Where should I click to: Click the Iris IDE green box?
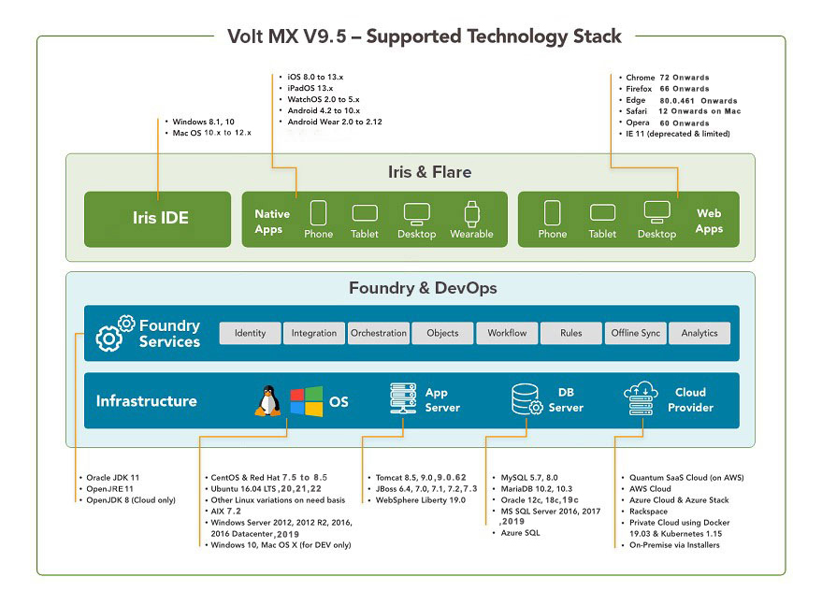coord(157,219)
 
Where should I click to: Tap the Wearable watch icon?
coord(470,212)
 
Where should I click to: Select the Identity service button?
coord(250,333)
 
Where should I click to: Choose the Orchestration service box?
coord(379,333)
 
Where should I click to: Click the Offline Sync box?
coord(636,333)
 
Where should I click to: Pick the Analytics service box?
coord(699,333)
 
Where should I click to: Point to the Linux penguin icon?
coord(268,401)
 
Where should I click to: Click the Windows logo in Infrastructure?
coord(305,401)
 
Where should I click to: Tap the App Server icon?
coord(403,399)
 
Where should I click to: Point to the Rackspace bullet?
coord(649,512)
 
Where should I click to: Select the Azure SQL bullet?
coord(520,533)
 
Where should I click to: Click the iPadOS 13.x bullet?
coord(310,88)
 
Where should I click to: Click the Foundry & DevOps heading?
coord(410,288)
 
